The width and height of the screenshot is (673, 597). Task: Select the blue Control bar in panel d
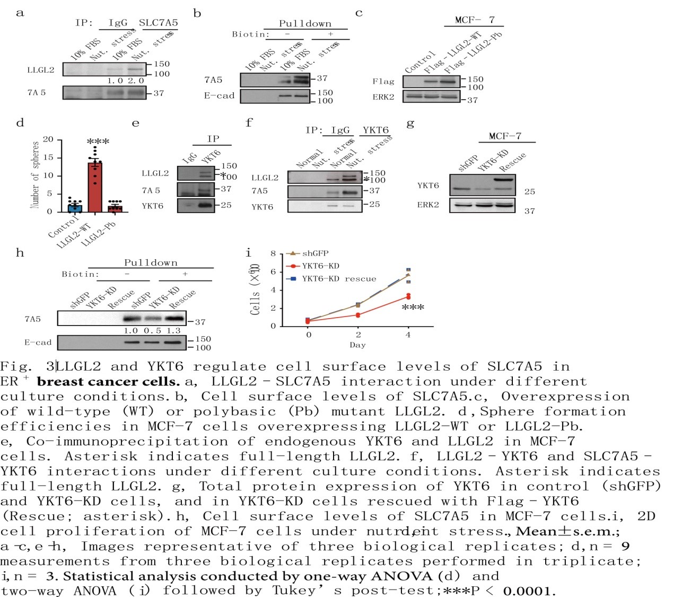click(74, 207)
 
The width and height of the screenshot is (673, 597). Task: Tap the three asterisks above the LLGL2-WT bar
click(98, 142)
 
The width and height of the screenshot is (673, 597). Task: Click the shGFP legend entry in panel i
click(315, 253)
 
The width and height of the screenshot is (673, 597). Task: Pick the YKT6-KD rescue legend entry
click(338, 279)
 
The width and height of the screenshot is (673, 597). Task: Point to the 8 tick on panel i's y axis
click(273, 253)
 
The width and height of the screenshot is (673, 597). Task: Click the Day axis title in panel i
click(357, 345)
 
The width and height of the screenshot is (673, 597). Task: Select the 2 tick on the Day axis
click(358, 335)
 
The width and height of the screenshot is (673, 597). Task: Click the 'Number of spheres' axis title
click(36, 175)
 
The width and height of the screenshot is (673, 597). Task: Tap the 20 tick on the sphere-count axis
click(48, 140)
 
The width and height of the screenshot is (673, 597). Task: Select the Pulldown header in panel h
click(151, 262)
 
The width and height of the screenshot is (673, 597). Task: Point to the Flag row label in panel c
click(383, 81)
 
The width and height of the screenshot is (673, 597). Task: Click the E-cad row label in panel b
click(219, 96)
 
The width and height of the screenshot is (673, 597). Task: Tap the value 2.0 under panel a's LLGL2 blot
click(136, 81)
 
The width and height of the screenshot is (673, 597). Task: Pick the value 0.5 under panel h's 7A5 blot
click(152, 330)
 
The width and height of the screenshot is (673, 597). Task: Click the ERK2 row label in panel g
click(428, 205)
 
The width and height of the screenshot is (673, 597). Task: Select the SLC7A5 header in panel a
click(158, 23)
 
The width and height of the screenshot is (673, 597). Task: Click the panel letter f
click(249, 123)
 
